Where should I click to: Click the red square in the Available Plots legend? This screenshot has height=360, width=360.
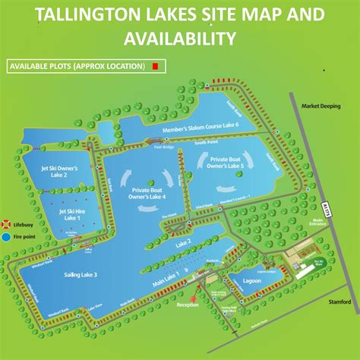point(155,66)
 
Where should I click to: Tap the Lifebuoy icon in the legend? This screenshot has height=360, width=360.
point(6,225)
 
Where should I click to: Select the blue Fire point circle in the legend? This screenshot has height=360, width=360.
point(6,237)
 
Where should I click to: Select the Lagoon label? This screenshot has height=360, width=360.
point(254,281)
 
